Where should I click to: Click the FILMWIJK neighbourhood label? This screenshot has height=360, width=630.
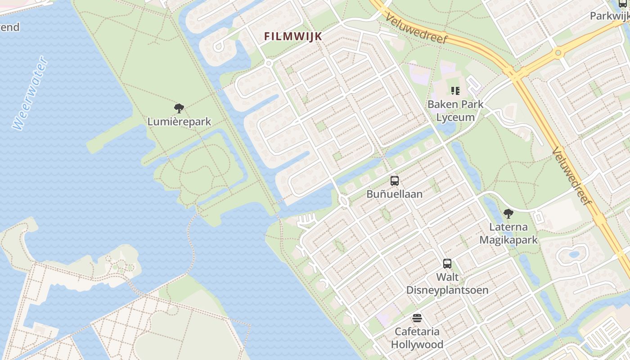(x=293, y=36)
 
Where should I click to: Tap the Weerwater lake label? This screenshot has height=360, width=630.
(x=30, y=93)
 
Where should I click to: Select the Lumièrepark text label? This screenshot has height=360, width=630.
(x=179, y=121)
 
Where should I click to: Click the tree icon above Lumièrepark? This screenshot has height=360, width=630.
(x=179, y=108)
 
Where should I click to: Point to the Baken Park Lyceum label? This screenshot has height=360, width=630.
(x=455, y=111)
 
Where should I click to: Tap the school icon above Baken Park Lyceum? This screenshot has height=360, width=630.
(x=455, y=91)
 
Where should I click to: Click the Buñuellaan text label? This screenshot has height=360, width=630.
(x=394, y=194)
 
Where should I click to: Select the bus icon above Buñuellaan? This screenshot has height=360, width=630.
(x=395, y=181)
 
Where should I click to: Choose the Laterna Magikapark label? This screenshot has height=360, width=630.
(x=508, y=233)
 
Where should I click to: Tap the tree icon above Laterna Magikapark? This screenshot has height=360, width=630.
(x=508, y=213)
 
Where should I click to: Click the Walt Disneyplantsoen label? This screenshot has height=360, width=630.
(x=447, y=283)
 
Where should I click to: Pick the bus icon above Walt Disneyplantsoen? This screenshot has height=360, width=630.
(x=447, y=264)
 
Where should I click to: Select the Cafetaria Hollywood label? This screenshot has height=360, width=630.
(x=417, y=338)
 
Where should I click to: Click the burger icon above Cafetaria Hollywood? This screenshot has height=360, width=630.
(x=417, y=319)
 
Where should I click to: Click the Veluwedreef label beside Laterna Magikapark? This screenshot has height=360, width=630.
(x=571, y=176)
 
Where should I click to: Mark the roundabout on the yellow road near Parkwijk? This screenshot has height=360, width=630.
(x=558, y=53)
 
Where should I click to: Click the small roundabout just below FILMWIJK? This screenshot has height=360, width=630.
(x=269, y=63)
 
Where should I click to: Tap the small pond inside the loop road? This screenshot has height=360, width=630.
(x=574, y=254)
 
